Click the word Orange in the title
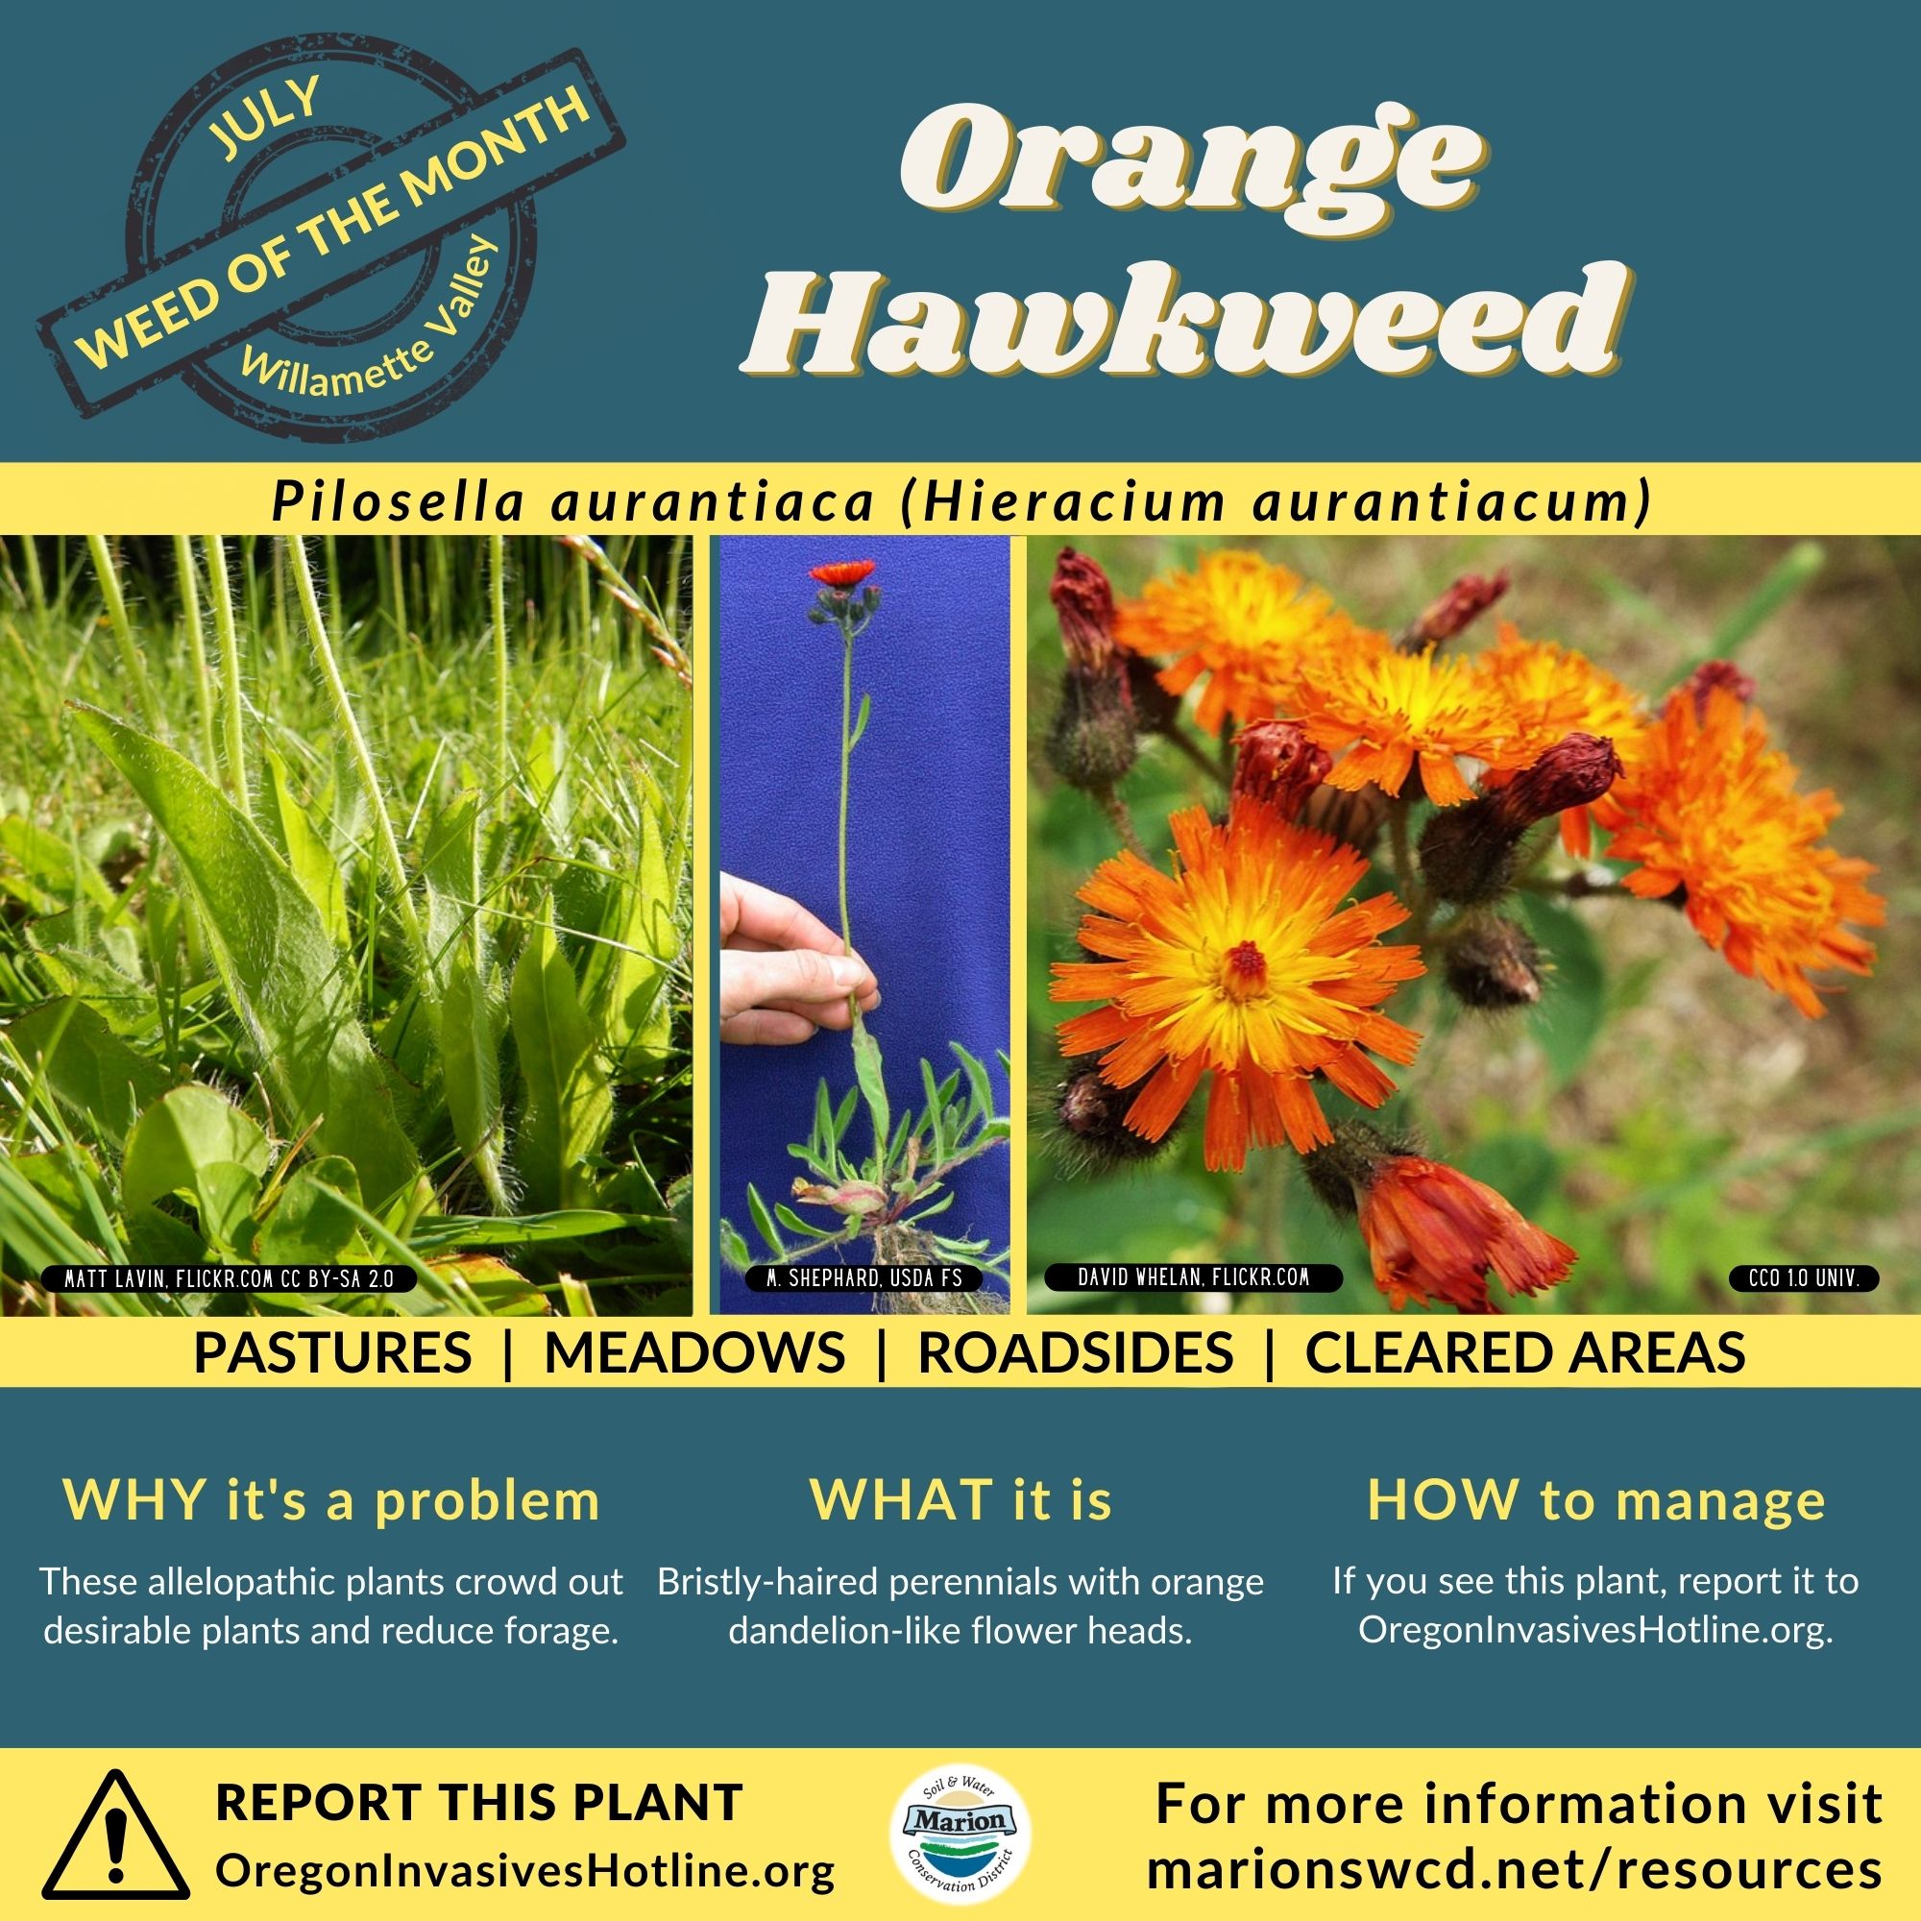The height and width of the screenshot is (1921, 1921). click(x=1184, y=161)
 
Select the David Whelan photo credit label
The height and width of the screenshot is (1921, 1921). click(x=1193, y=1277)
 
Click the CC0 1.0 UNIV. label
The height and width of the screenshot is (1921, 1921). click(x=1803, y=1277)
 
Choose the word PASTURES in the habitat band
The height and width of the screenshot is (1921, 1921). click(x=332, y=1352)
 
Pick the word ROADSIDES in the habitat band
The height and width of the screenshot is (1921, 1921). click(x=1075, y=1352)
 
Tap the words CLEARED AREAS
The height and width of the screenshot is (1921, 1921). click(x=1525, y=1352)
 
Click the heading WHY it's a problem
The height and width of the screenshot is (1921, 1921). click(x=331, y=1500)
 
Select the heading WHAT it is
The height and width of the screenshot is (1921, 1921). click(x=960, y=1500)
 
